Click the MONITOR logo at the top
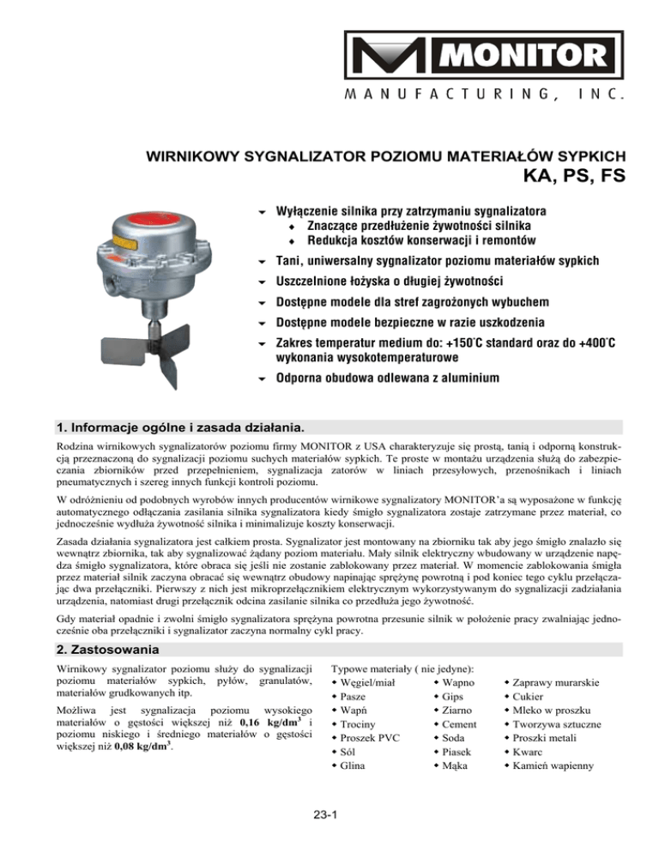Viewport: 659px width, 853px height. click(484, 54)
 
